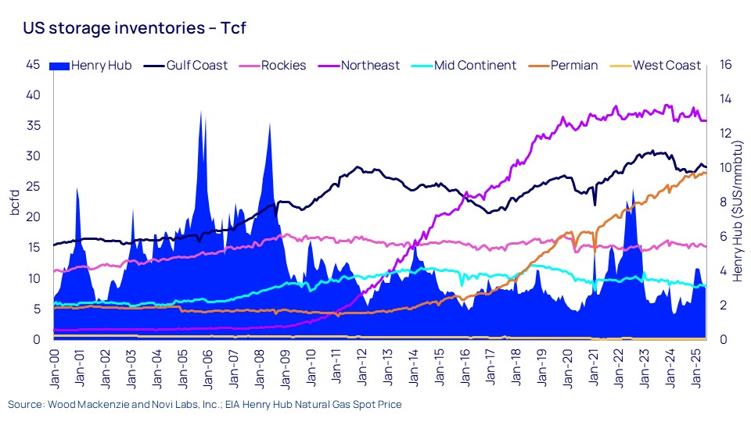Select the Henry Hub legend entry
93,66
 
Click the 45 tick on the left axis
33,65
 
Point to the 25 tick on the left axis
33,187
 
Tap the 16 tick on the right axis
725,65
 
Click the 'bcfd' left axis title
14,202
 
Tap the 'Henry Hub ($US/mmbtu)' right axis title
738,202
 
